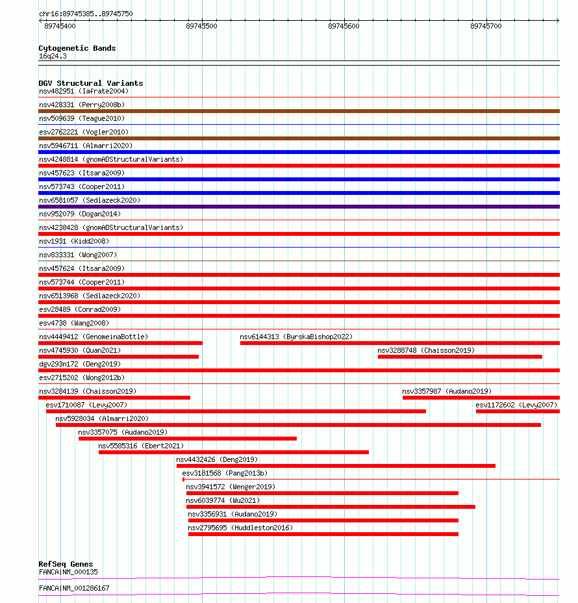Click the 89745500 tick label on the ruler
(x=201, y=26)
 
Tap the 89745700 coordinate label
(x=486, y=26)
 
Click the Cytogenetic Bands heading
(x=77, y=48)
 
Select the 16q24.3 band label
(x=53, y=56)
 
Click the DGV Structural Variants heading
(x=90, y=83)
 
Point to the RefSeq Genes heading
(x=66, y=564)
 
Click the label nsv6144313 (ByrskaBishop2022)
(x=296, y=337)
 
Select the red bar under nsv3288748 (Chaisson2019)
(x=460, y=357)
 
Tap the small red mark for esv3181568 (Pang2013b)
(x=184, y=480)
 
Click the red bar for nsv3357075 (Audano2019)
(x=188, y=439)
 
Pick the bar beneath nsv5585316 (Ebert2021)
(x=234, y=452)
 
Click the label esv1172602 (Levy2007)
(x=516, y=405)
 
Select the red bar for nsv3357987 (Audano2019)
(x=481, y=398)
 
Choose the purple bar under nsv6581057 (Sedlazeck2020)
(x=299, y=207)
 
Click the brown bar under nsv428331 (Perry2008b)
(x=299, y=111)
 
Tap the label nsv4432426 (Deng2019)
(x=217, y=459)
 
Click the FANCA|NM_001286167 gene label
(x=74, y=588)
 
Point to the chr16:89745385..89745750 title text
(x=86, y=14)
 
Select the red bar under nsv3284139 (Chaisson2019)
(x=114, y=398)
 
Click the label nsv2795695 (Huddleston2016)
(x=240, y=528)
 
